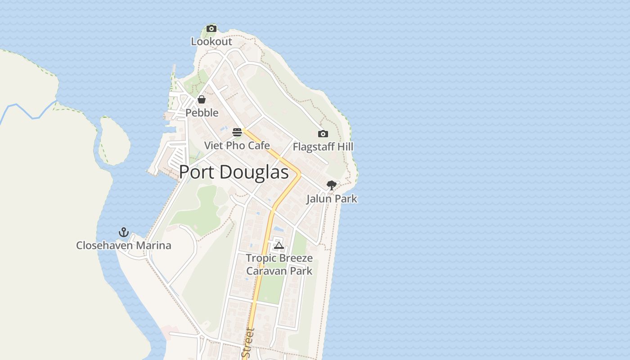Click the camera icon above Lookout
click(211, 29)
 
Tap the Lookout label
click(211, 41)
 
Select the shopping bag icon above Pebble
click(202, 99)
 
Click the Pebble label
click(202, 112)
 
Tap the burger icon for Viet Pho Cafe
click(237, 132)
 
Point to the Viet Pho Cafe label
click(237, 145)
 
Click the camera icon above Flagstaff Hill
click(323, 134)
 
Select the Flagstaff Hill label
click(323, 147)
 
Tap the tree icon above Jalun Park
click(332, 185)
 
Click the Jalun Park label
click(332, 198)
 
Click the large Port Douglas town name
click(234, 172)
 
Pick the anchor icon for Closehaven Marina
click(124, 232)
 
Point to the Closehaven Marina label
click(124, 245)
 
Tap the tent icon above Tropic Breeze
click(279, 245)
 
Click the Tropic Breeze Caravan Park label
click(279, 265)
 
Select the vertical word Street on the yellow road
click(248, 343)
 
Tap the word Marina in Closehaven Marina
click(154, 245)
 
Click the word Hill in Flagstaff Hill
click(345, 147)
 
